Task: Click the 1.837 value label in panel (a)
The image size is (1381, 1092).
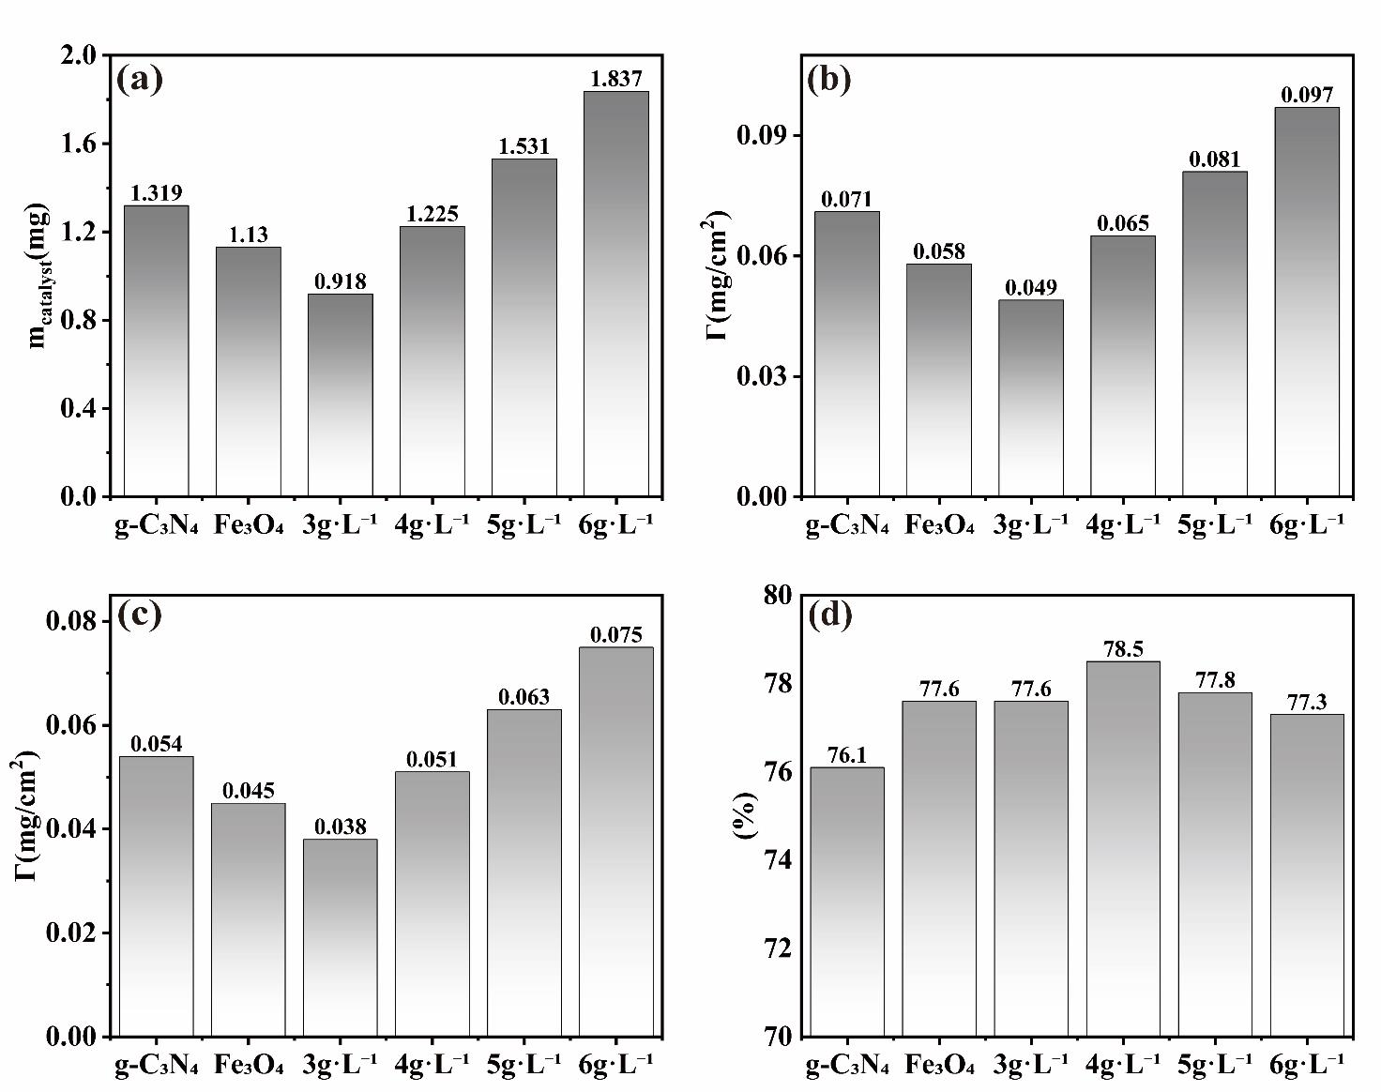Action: [616, 79]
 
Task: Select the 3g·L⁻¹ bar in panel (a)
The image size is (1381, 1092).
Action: [341, 394]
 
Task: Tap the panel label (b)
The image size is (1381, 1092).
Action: [828, 79]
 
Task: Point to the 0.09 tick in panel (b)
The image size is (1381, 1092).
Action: [764, 136]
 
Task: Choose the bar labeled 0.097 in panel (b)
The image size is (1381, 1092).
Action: [1307, 300]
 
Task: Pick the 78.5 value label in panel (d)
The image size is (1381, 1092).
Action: [1123, 648]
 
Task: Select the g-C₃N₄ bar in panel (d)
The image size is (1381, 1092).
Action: [847, 901]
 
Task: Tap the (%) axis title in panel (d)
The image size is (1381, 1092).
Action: [746, 815]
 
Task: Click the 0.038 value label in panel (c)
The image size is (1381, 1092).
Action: [341, 827]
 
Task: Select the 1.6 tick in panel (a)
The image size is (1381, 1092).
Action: [79, 144]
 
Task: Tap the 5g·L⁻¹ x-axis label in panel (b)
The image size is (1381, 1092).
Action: [1215, 524]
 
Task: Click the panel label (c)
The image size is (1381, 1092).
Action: [139, 614]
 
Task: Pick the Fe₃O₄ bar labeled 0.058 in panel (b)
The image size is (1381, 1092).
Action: [939, 379]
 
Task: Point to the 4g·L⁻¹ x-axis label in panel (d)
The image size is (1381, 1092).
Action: [1123, 1065]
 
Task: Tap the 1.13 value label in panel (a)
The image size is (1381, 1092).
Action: [249, 235]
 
